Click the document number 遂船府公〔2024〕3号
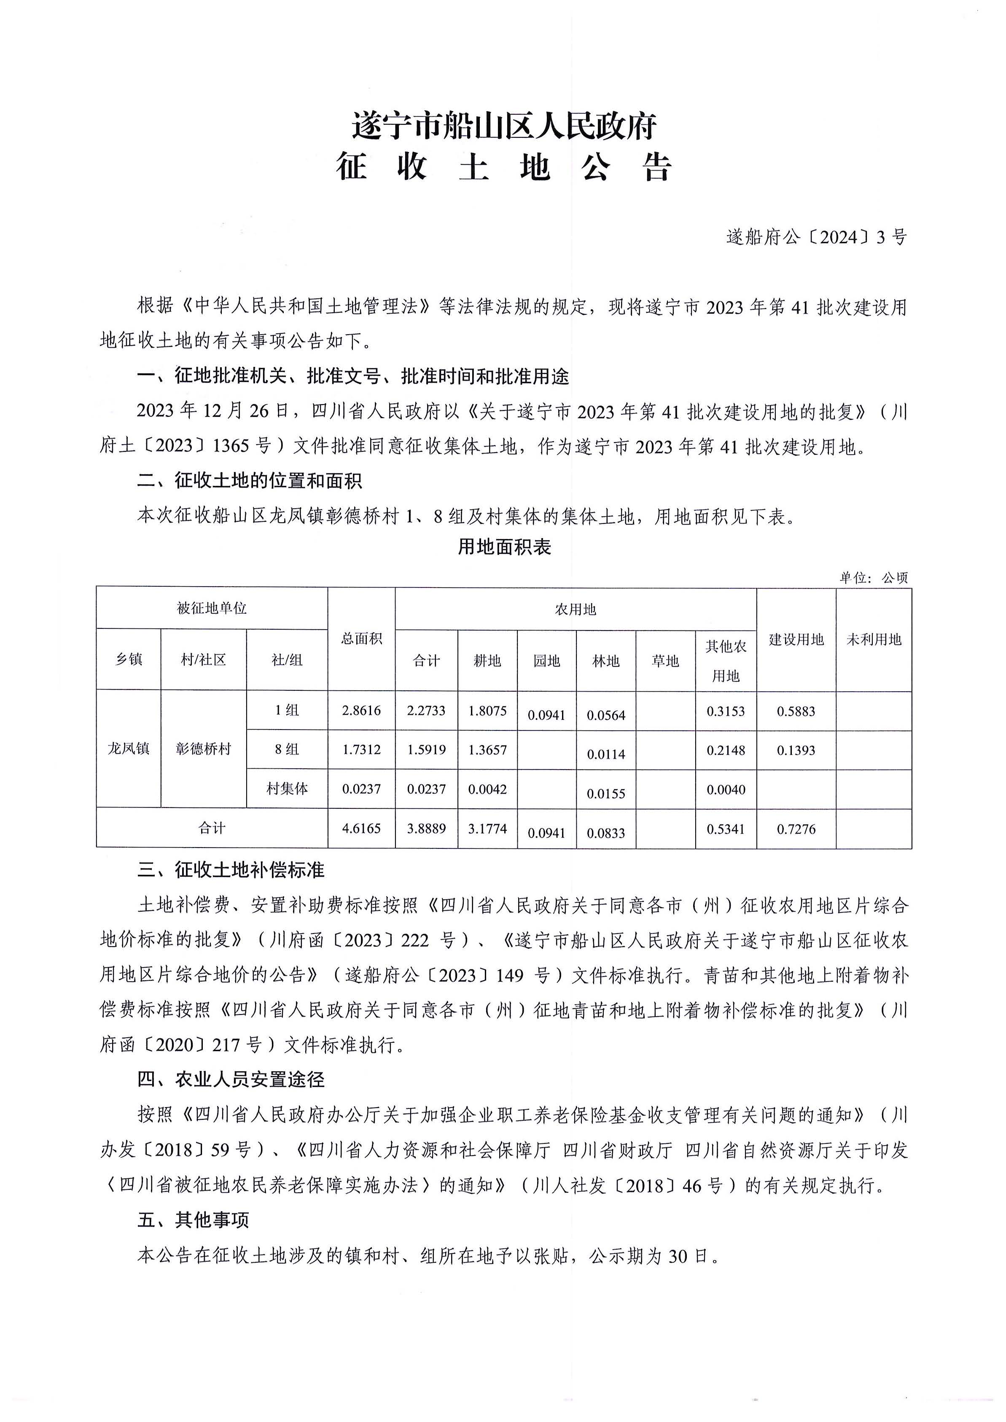[x=816, y=237]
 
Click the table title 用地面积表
[x=504, y=547]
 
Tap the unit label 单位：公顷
[x=874, y=578]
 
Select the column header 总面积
[x=361, y=639]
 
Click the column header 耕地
[x=487, y=661]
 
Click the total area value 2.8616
[x=361, y=711]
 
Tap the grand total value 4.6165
[x=361, y=828]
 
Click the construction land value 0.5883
[x=796, y=711]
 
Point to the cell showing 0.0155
[x=606, y=793]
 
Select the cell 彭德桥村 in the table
[x=203, y=749]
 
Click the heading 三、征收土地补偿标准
[x=231, y=870]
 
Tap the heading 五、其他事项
[x=193, y=1220]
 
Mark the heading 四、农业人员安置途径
[x=231, y=1079]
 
